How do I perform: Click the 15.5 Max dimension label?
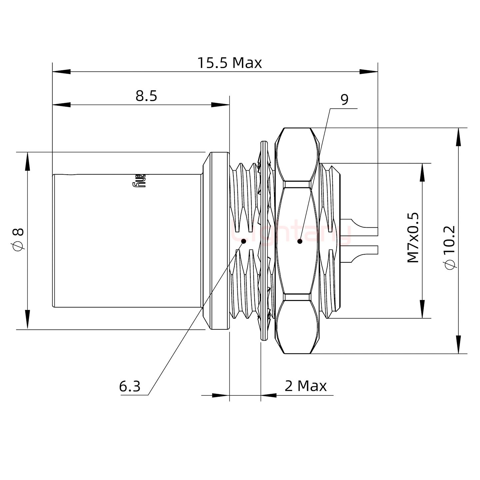[230, 63]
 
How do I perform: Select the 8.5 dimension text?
[146, 96]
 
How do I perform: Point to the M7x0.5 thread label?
[413, 237]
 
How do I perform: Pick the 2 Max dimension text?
[306, 386]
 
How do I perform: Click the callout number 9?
[345, 100]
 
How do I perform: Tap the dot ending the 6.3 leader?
[243, 241]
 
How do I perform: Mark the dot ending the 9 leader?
[300, 241]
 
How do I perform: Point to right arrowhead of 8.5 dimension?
[221, 105]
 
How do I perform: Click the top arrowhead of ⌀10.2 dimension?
[459, 137]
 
